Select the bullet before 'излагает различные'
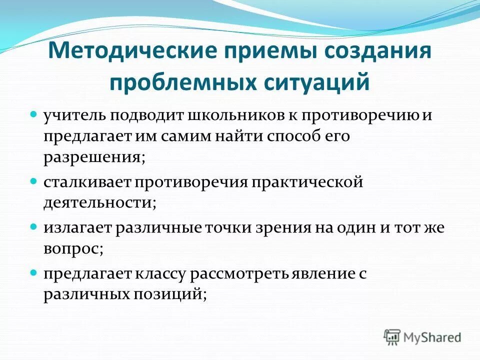tap(34, 226)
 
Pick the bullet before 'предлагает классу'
tap(34, 272)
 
